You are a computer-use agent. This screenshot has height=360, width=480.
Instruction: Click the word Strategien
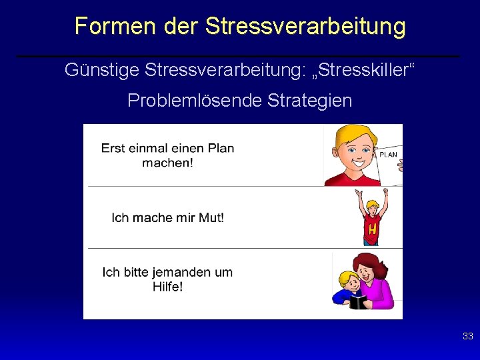pyautogui.click(x=309, y=101)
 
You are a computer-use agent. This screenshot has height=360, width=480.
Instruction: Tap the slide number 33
pyautogui.click(x=467, y=337)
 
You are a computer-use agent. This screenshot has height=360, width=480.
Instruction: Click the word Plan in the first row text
pyautogui.click(x=220, y=148)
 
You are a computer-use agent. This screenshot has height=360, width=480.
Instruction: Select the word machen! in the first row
pyautogui.click(x=167, y=163)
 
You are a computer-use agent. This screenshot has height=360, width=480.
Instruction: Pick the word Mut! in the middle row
pyautogui.click(x=211, y=217)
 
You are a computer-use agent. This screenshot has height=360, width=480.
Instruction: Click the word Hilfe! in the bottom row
pyautogui.click(x=167, y=287)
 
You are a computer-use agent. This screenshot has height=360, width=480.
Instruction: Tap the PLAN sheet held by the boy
pyautogui.click(x=389, y=160)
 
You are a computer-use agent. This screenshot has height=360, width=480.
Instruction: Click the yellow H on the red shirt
pyautogui.click(x=372, y=230)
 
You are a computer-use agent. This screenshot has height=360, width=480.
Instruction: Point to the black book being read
pyautogui.click(x=358, y=302)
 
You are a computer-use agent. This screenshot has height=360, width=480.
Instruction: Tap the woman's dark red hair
pyautogui.click(x=365, y=260)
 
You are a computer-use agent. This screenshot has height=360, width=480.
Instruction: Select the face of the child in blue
pyautogui.click(x=347, y=281)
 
